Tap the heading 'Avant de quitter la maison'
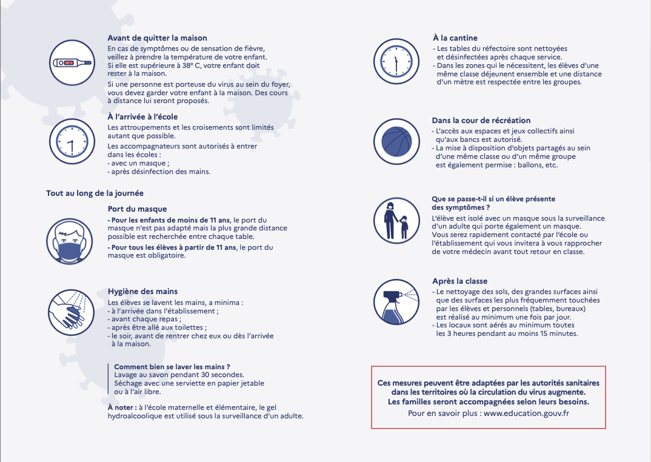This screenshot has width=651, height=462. pos(157,38)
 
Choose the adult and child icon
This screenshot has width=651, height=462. pos(396,221)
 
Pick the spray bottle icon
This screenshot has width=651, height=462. pos(396,302)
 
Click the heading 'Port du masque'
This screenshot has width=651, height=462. pos(137,209)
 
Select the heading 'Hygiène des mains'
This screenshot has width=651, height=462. pos(142,292)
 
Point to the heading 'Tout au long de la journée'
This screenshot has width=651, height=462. pos(95,193)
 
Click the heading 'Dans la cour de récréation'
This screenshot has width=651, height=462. pos(481,121)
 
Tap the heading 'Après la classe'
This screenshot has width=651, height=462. pos(459,281)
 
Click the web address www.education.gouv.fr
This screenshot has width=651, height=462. pos(527,413)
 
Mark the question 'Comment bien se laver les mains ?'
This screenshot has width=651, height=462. pos(172,367)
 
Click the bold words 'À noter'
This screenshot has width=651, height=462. pos(121,407)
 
